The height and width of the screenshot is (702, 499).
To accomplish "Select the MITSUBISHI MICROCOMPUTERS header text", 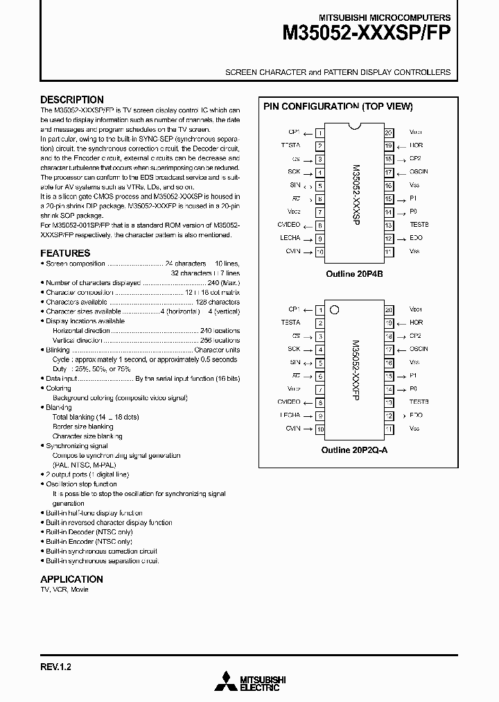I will tap(384, 17).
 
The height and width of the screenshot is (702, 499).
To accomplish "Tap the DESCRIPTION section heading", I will tap(72, 100).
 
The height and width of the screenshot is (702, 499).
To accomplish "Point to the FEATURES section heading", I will tap(65, 253).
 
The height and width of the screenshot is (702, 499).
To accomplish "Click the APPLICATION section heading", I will tap(71, 579).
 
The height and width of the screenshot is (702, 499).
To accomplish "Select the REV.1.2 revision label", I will tap(56, 667).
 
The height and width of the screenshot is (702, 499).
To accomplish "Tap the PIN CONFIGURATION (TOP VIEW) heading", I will tap(338, 107).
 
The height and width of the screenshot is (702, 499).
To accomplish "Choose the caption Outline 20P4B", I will tap(354, 274).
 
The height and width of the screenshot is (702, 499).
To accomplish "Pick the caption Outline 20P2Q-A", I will tap(354, 450).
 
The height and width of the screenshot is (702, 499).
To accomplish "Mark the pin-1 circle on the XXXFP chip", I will tap(335, 310).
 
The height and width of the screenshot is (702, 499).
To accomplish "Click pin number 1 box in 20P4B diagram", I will tap(319, 132).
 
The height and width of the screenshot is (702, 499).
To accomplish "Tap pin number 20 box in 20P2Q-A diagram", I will tap(389, 309).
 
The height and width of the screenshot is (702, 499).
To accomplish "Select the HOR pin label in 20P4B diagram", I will tap(416, 146).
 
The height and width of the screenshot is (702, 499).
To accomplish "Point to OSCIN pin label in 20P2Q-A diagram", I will tap(419, 349).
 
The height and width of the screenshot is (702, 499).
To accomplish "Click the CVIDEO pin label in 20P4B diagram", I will tap(289, 225).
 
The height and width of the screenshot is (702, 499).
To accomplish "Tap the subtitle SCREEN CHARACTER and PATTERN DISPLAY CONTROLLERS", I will tap(338, 72).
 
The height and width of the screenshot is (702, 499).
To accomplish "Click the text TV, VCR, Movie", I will tap(64, 590).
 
